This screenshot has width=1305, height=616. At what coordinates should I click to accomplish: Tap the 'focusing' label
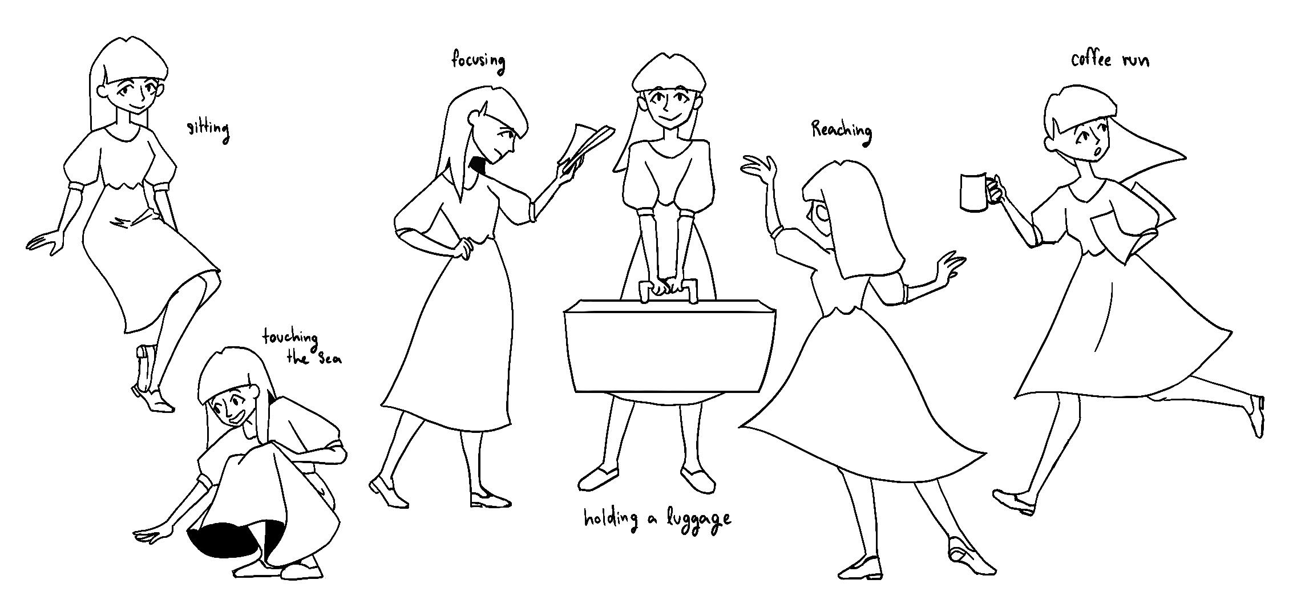coord(478,61)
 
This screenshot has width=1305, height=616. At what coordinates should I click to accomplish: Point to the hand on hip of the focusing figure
coord(463,248)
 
